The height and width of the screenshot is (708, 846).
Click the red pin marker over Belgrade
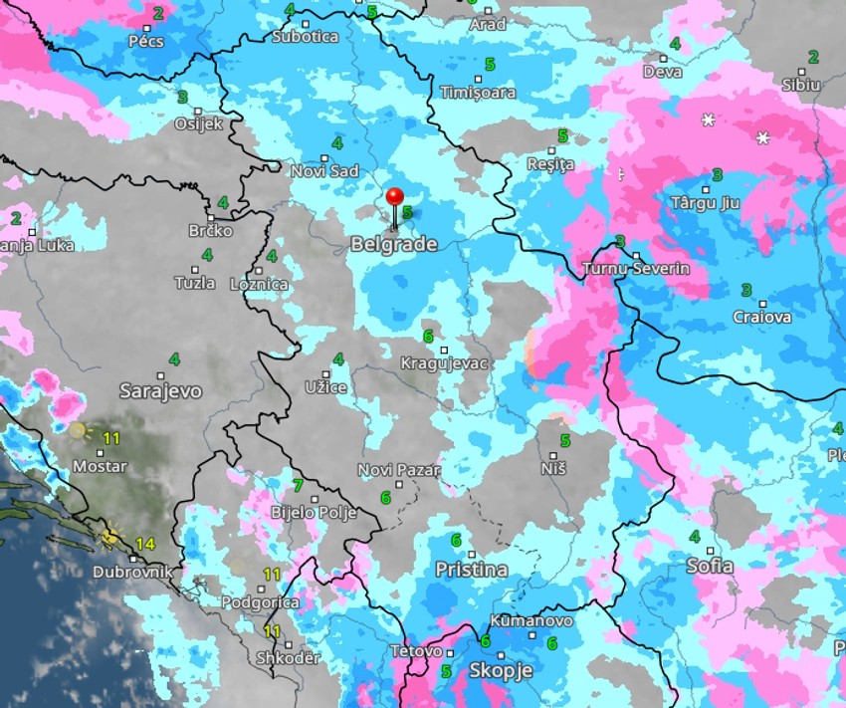coord(395,199)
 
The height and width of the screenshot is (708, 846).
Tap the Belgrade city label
coord(393,244)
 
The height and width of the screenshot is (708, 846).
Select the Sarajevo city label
coord(160,391)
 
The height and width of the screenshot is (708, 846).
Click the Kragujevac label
coord(444,363)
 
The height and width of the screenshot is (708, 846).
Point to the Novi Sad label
coord(324,171)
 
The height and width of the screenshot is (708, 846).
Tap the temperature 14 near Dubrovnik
coord(145,544)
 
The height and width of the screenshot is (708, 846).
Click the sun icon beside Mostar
coord(78,430)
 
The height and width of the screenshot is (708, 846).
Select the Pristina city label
coord(471,570)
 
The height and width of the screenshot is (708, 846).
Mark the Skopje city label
coord(500,670)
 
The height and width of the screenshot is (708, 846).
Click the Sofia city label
coord(710,566)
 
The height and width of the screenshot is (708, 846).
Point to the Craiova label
coord(761,317)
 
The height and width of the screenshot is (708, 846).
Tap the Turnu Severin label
coord(636,269)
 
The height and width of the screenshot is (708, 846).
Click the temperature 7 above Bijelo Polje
coord(298,486)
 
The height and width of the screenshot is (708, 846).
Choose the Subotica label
coord(305,36)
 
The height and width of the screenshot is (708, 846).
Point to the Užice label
coord(326,385)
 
